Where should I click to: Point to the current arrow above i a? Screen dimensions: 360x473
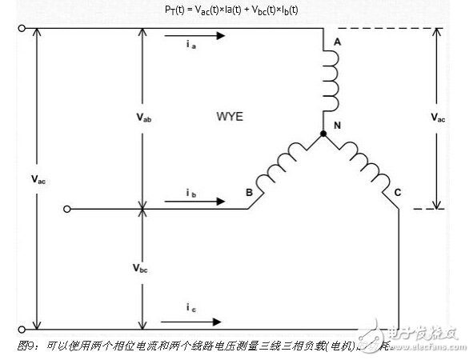point(197,36)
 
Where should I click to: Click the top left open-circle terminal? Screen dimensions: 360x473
point(22,28)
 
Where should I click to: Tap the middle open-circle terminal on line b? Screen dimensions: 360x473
point(68,210)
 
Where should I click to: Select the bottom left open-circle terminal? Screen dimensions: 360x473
point(22,329)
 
